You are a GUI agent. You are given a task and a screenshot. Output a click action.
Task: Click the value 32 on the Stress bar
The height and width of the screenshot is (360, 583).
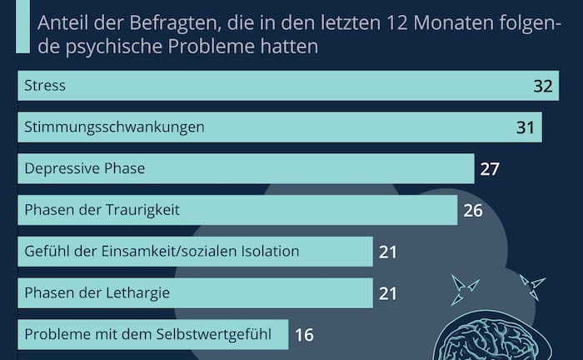pos(543,86)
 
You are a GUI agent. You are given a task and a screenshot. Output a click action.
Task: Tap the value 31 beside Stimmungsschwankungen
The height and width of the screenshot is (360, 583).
pos(526,127)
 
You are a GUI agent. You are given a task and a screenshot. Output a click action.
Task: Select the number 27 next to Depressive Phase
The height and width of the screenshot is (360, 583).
pos(490,169)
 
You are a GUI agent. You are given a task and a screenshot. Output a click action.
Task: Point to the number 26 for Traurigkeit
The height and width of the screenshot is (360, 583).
pos(473,210)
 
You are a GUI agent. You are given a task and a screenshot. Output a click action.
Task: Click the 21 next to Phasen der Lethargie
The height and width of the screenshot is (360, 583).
pos(388,292)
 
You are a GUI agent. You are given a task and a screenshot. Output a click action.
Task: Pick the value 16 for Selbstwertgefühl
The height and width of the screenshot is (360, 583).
pos(304,334)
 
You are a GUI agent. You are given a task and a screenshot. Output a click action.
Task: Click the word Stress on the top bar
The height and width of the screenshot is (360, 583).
pos(45,86)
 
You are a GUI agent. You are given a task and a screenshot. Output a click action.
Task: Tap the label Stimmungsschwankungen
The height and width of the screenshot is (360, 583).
pos(115,127)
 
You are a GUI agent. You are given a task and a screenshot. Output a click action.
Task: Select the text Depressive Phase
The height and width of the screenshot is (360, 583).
pos(85,169)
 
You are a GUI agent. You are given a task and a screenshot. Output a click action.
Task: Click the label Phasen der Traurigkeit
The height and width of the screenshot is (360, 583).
pos(102,210)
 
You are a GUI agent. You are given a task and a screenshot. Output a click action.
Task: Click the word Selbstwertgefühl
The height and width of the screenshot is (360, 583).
pos(217,334)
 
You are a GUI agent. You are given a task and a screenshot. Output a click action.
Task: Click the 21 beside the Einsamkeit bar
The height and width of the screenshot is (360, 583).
pos(388,251)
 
